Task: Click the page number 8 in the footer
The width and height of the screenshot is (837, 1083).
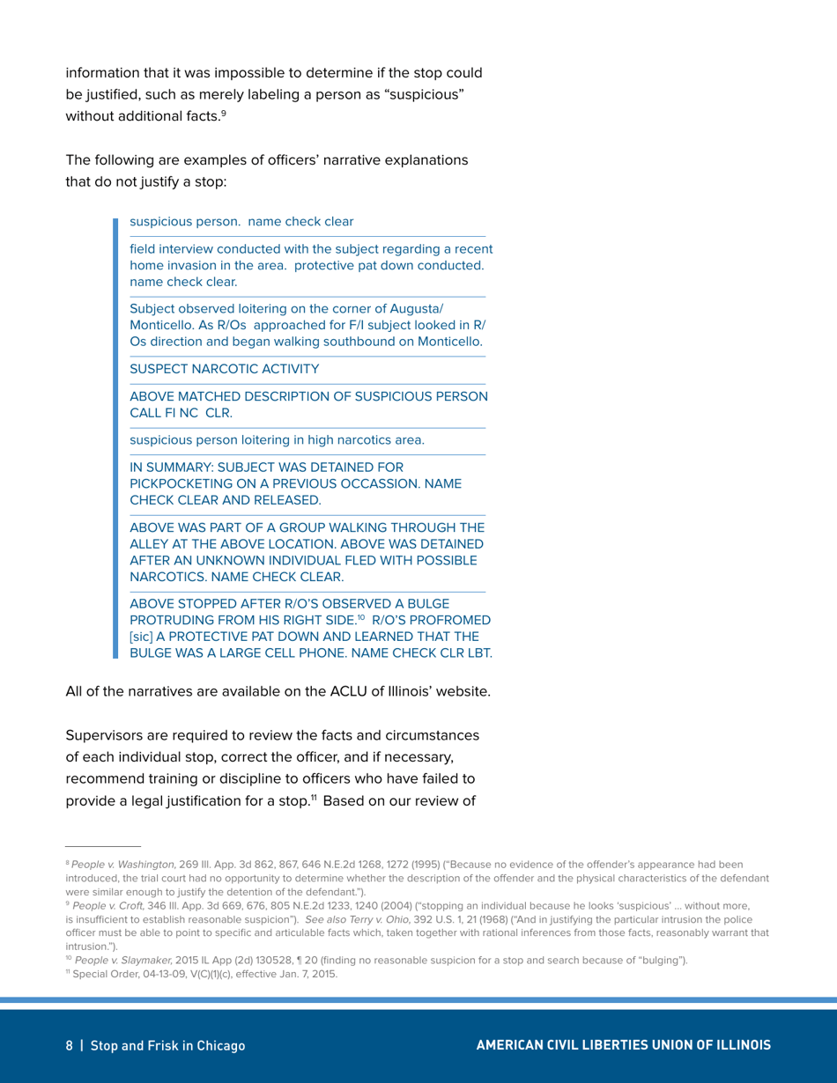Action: coord(70,1045)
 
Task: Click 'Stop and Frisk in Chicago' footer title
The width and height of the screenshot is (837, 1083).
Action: coord(167,1045)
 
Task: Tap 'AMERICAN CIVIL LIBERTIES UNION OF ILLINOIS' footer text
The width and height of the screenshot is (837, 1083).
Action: coord(623,1045)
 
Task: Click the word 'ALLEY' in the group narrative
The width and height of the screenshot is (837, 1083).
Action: coord(152,544)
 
